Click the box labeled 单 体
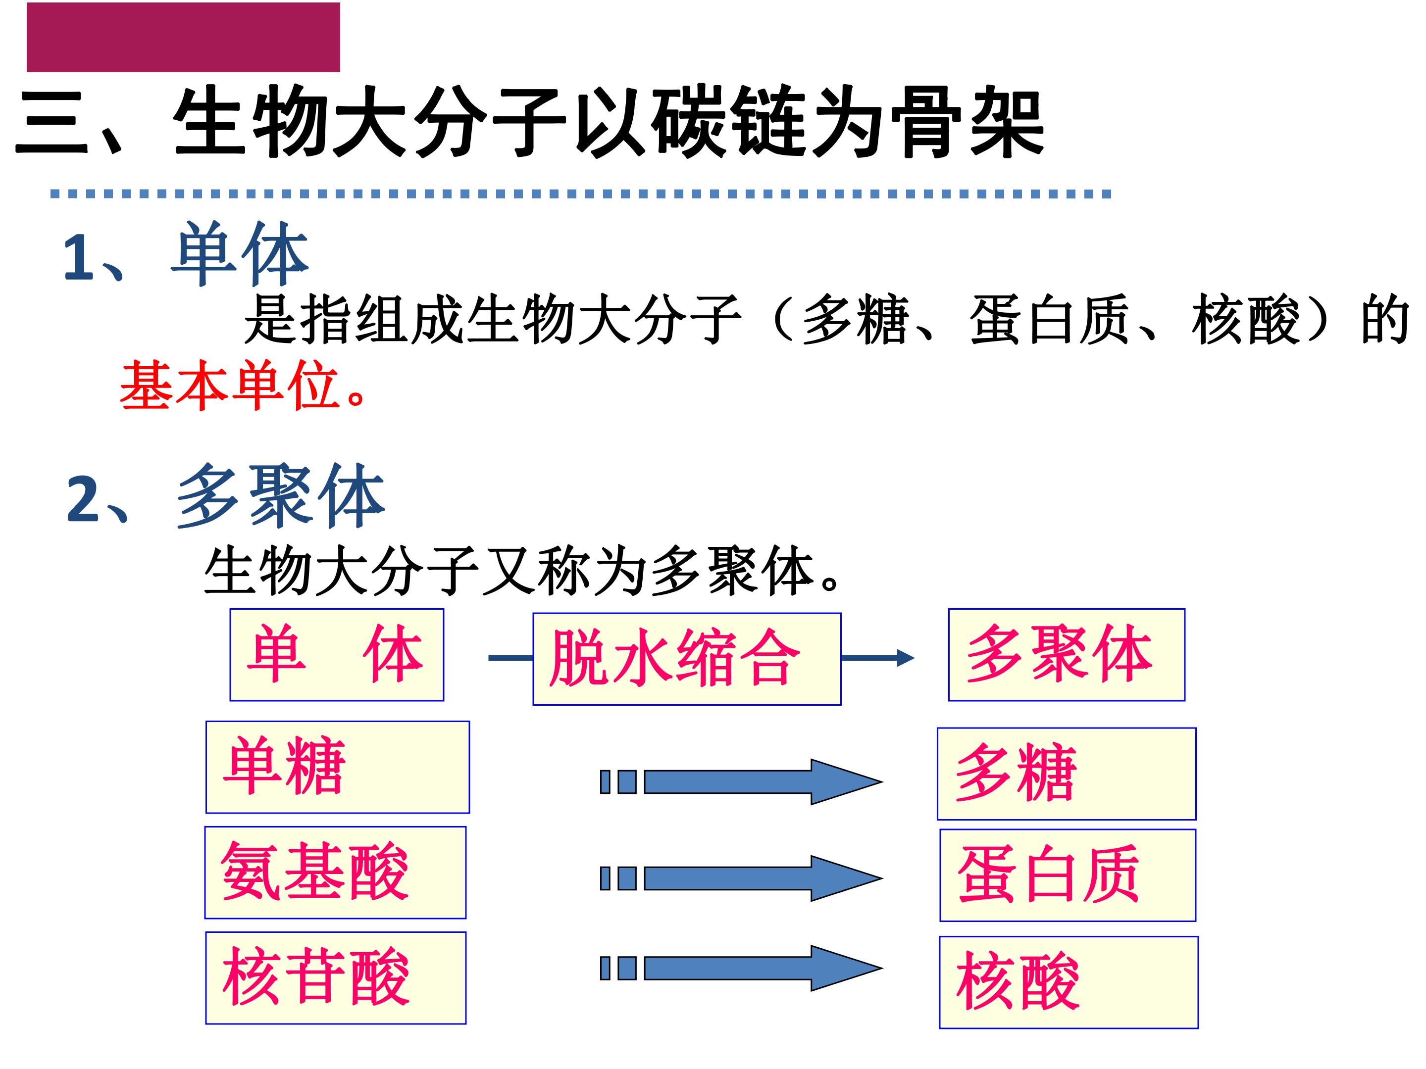click(x=337, y=654)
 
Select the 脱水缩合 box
click(x=687, y=659)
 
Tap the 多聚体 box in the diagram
click(x=1066, y=654)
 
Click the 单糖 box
click(x=337, y=767)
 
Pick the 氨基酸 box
click(x=335, y=873)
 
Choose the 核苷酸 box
click(x=335, y=977)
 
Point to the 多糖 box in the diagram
click(x=1066, y=774)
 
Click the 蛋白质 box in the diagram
click(x=1068, y=875)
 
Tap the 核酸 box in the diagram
click(x=1068, y=982)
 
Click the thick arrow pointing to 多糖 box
click(x=741, y=781)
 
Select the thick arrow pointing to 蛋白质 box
click(x=741, y=877)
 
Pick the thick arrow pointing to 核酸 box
click(x=741, y=968)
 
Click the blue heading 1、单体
click(x=186, y=254)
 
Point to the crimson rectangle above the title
click(x=183, y=38)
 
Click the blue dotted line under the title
click(x=580, y=194)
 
